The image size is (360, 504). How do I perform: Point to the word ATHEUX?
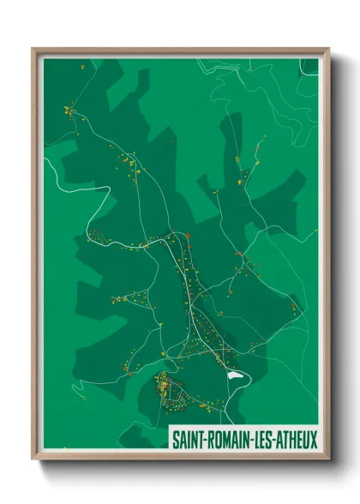point(296,441)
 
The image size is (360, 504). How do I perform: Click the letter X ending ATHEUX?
point(314,441)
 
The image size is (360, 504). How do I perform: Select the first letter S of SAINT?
point(176,441)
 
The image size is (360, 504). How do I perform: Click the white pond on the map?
point(234,374)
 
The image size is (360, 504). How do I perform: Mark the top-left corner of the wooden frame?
point(33,49)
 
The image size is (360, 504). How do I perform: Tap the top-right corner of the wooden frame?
point(328,49)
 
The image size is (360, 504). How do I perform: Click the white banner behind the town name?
point(244,441)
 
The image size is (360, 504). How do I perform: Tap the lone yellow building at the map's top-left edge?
point(82,66)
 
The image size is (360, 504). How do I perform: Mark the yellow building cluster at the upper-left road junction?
point(69,110)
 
